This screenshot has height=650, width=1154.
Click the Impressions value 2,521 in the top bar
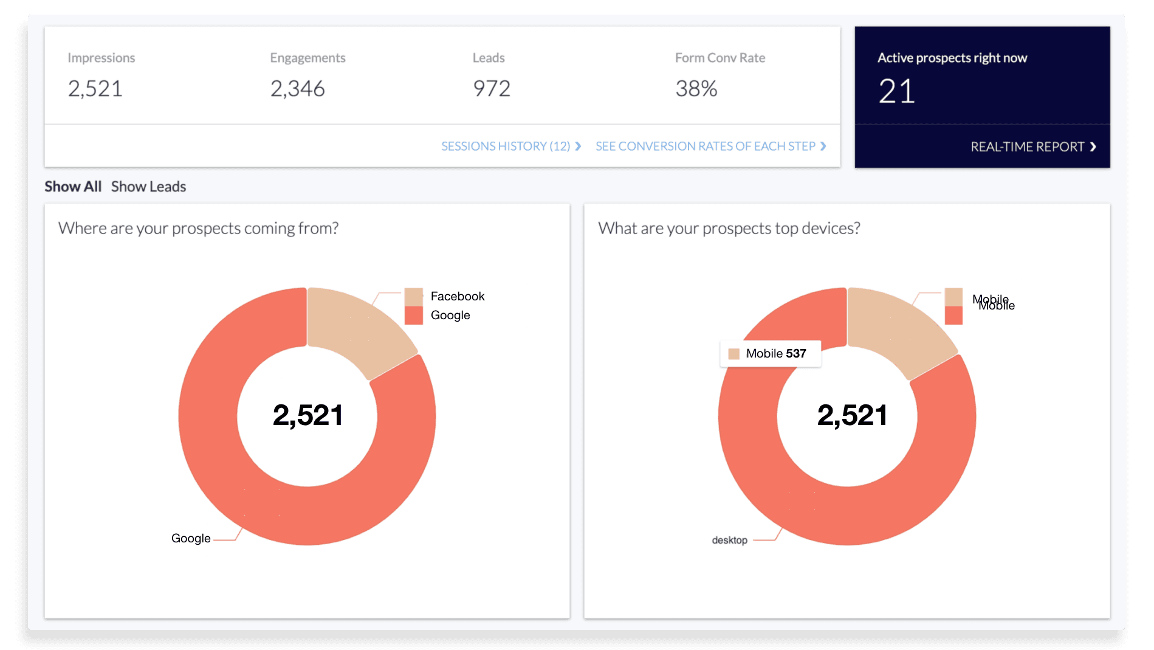point(95,89)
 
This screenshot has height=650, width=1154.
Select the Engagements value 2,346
point(297,89)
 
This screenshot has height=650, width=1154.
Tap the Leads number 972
point(491,89)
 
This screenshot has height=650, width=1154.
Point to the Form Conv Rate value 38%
point(696,89)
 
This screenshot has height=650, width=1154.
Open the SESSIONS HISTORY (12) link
point(510,147)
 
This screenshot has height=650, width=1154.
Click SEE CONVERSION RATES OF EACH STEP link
point(710,147)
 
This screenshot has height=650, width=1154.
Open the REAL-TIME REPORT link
point(1032,147)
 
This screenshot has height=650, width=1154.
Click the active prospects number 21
point(896,92)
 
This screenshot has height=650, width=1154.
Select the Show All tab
point(73,187)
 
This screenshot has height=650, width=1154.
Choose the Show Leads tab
point(148,187)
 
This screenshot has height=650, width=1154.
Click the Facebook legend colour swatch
point(413,297)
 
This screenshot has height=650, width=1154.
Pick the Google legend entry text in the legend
point(450,315)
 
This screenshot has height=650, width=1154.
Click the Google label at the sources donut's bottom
point(191,538)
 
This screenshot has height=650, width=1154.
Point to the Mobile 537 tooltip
point(770,354)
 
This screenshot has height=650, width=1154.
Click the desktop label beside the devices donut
point(729,540)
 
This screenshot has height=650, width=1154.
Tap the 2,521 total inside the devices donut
point(852,415)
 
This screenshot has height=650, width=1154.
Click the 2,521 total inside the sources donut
point(308,415)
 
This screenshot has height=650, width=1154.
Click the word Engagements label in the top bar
point(307,58)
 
